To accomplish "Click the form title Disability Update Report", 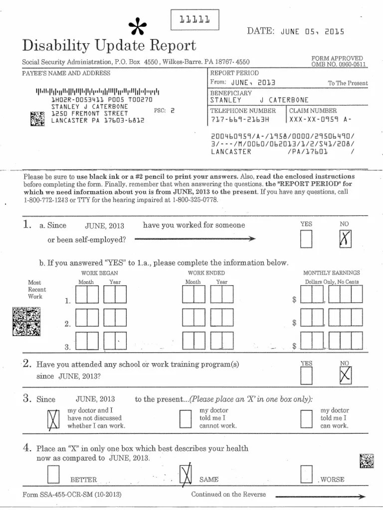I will pos(109,46).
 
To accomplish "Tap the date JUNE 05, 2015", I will pos(312,31).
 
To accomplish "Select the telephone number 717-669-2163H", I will pos(239,120).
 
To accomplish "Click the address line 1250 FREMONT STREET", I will pos(90,113).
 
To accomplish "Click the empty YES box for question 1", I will pos(306,240).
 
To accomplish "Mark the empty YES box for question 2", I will pos(306,376).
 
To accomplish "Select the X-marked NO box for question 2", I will pos(345,376).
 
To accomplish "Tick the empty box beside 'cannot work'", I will pos(185,419).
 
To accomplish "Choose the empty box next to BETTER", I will pos(53,474).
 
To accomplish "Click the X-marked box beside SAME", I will pos(185,474).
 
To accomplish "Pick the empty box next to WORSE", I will pos(306,474).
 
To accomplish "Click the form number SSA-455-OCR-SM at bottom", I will pos(72,495).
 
